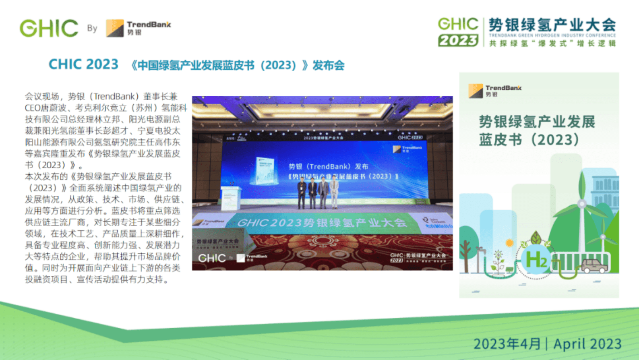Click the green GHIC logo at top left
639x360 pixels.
pyautogui.click(x=49, y=28)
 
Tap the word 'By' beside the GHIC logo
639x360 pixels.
pyautogui.click(x=92, y=28)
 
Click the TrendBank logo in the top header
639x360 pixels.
pyautogui.click(x=138, y=28)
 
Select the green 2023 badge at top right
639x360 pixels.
pyautogui.click(x=458, y=41)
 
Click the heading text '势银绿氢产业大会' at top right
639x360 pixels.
pyautogui.click(x=552, y=25)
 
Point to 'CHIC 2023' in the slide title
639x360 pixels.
pyautogui.click(x=83, y=64)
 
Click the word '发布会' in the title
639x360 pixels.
pyautogui.click(x=328, y=65)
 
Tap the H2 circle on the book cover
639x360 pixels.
pyautogui.click(x=536, y=260)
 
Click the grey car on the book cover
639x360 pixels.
pyautogui.click(x=594, y=265)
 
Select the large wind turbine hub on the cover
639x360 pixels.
pyautogui.click(x=581, y=204)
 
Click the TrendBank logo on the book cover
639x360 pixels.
pyautogui.click(x=495, y=91)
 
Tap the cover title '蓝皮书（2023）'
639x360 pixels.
pyautogui.click(x=529, y=140)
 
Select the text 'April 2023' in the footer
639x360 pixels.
pyautogui.click(x=587, y=344)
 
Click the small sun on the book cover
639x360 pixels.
pyautogui.click(x=509, y=243)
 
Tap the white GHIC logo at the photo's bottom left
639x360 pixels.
pyautogui.click(x=212, y=258)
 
